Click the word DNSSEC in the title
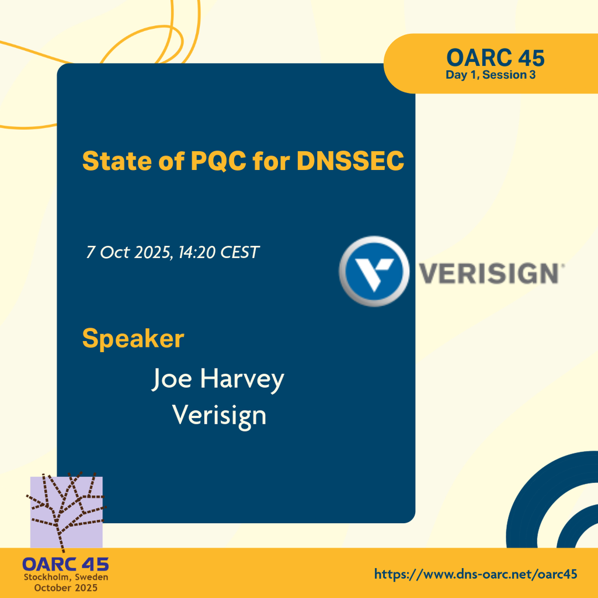tap(350, 161)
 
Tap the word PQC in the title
tap(218, 161)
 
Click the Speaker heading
tap(133, 338)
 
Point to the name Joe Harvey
tap(218, 380)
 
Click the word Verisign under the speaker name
tap(219, 416)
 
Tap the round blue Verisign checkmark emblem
tap(374, 271)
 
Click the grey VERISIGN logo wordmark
tap(492, 273)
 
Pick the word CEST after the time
tap(240, 252)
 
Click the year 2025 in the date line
tap(154, 252)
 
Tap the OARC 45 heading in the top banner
tap(495, 58)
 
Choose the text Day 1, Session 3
tap(491, 75)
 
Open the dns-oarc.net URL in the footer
tap(475, 573)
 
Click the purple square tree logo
tap(67, 512)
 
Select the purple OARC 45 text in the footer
tap(65, 565)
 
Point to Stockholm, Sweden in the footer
tap(66, 577)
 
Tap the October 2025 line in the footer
tap(66, 587)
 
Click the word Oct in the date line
tap(114, 252)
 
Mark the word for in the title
tap(271, 161)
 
